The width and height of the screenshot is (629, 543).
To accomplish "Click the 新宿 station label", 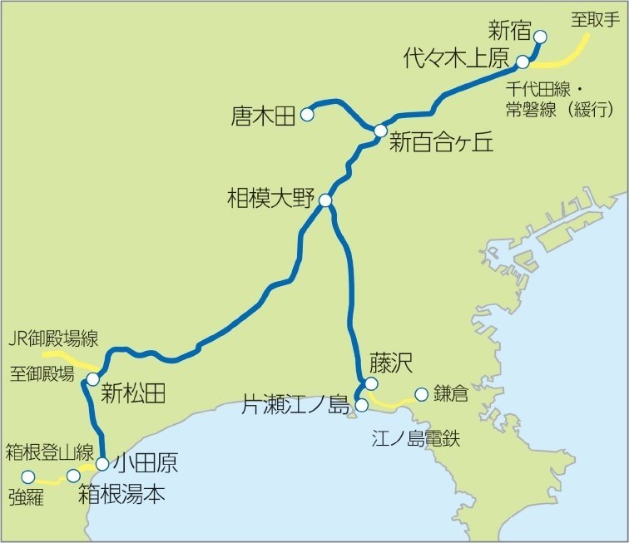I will pos(508,32).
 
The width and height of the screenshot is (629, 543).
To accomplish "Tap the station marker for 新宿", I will pos(539,37).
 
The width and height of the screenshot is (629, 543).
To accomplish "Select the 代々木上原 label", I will pos(455,58).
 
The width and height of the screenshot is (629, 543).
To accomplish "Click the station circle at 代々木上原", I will pos(523,62).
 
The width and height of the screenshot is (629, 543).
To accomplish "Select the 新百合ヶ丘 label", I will pos(441,143).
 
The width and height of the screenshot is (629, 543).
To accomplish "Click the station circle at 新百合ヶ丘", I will pos(380,131).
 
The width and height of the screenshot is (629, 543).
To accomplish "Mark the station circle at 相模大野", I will pos(325,200).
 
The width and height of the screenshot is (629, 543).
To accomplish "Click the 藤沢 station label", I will pos(392,363).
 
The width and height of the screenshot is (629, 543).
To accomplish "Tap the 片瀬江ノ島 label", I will pos(295,406).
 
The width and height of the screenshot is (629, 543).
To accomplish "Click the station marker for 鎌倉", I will pos(421,394).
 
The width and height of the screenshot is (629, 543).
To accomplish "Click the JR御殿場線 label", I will pos(52,338).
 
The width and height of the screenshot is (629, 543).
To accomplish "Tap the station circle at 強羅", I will pos(28,477).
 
